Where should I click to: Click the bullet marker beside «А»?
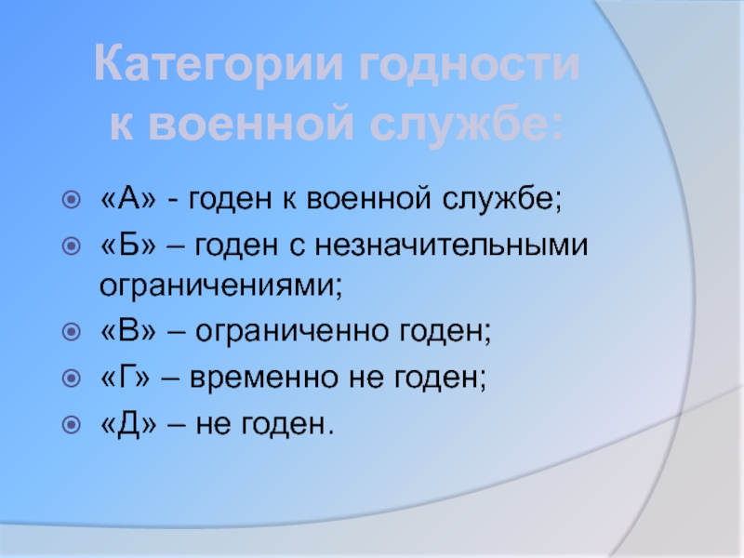pyautogui.click(x=72, y=199)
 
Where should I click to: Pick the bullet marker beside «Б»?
pyautogui.click(x=72, y=246)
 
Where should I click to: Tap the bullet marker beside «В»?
pyautogui.click(x=72, y=331)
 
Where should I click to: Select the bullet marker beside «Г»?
pyautogui.click(x=72, y=378)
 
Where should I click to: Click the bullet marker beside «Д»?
pyautogui.click(x=72, y=424)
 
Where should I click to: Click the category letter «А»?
pyautogui.click(x=128, y=198)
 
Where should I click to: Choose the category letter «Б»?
pyautogui.click(x=128, y=245)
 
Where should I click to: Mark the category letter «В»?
pyautogui.click(x=128, y=330)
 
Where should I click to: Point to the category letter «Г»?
pyautogui.click(x=126, y=377)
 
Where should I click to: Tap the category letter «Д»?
pyautogui.click(x=128, y=424)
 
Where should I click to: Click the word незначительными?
pyautogui.click(x=452, y=246)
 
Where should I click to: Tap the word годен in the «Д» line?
pyautogui.click(x=285, y=425)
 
